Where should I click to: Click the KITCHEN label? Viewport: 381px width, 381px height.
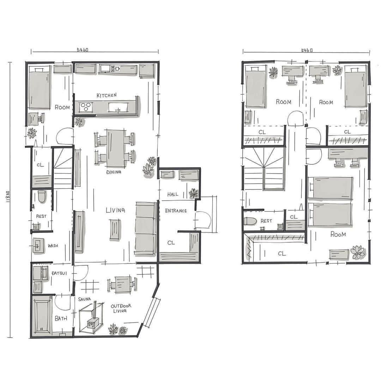[107, 95]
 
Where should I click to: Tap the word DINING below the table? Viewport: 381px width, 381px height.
[114, 172]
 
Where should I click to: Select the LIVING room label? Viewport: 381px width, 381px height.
[115, 210]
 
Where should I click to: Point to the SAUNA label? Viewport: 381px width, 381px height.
[84, 299]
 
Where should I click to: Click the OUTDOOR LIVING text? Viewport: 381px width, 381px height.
[121, 308]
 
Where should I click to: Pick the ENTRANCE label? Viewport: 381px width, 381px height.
[176, 211]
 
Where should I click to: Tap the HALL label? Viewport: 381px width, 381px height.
[173, 194]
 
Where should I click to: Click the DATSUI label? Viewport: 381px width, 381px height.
[59, 273]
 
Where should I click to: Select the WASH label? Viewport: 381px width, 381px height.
[53, 246]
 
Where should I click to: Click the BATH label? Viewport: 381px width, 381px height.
[61, 318]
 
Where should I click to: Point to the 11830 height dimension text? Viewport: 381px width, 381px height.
[8, 196]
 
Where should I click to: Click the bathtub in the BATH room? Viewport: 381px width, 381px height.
[42, 316]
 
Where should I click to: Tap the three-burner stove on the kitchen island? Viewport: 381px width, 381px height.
[86, 107]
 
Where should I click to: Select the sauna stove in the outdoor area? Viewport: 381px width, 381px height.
[92, 323]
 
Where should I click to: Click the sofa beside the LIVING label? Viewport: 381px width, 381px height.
[146, 228]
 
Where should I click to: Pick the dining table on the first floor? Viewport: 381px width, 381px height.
[116, 148]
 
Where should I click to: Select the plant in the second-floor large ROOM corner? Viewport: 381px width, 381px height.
[357, 252]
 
